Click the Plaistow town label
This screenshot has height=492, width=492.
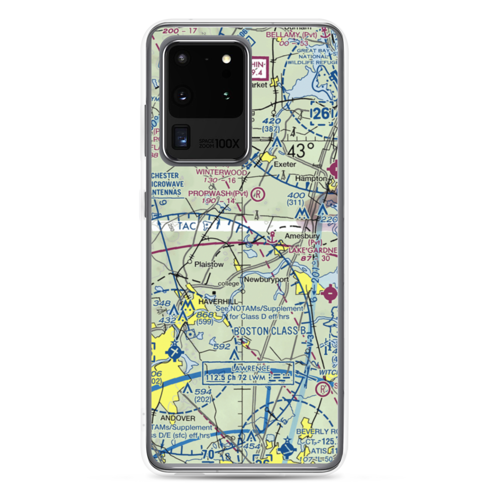coord(209,264)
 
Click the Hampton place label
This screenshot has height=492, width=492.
coord(311,178)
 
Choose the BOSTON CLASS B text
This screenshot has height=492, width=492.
coord(274,331)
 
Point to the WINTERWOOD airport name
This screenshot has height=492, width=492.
coord(221,173)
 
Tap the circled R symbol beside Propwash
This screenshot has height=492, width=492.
coord(257,194)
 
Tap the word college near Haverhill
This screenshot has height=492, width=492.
coord(228,283)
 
